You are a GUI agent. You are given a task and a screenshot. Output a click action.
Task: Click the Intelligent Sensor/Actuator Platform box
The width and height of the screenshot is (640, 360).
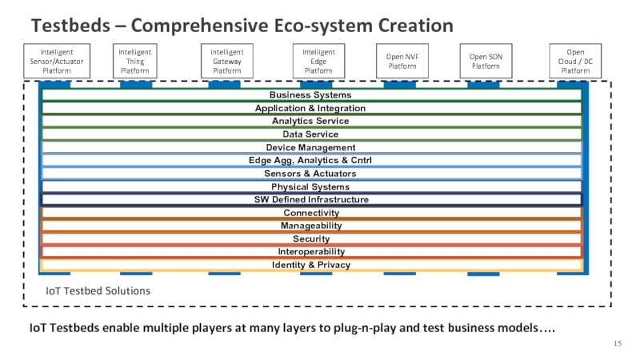[57, 61]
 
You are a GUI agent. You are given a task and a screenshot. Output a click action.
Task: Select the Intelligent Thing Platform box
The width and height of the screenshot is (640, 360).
[135, 61]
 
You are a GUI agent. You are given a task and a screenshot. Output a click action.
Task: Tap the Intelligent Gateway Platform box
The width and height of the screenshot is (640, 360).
[227, 61]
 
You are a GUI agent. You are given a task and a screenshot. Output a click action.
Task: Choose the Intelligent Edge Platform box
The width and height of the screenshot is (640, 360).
[318, 61]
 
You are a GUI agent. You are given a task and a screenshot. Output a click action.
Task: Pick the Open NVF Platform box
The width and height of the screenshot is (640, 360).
[402, 61]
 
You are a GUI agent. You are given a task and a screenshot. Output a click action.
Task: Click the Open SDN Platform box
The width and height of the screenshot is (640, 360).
[486, 61]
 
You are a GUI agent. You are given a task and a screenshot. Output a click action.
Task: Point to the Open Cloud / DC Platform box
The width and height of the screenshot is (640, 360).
[575, 61]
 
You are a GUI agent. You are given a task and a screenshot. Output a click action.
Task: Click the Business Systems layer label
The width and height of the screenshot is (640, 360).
[310, 95]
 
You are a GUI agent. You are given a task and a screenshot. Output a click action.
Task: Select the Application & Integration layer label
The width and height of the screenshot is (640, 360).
[310, 108]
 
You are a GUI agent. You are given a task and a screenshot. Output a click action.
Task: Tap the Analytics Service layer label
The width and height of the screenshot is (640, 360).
[310, 121]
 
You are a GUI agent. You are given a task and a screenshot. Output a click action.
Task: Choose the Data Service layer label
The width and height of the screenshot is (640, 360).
[310, 134]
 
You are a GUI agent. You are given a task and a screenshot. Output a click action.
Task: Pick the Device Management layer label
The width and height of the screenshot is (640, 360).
[310, 147]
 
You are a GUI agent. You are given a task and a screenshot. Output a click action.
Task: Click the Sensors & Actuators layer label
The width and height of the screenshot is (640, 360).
[310, 174]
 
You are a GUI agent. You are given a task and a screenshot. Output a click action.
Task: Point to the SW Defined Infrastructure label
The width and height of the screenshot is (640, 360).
[310, 199]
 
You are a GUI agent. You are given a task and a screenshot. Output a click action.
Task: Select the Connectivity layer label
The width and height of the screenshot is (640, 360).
[310, 213]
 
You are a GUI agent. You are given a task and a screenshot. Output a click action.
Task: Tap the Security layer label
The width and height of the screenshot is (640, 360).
[310, 238]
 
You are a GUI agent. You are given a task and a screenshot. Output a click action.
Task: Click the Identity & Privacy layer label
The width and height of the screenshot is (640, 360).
[310, 265]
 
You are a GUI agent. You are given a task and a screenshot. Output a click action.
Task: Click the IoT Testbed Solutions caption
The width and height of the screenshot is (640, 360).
[98, 291]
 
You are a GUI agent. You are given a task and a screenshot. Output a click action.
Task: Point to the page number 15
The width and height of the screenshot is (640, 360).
[617, 343]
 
